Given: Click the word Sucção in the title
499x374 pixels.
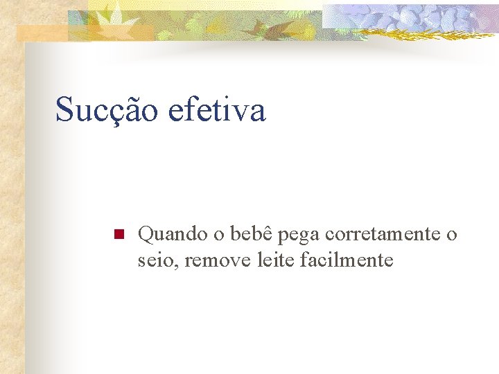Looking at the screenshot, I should pos(107,110).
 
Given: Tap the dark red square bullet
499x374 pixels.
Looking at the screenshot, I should pos(117,235).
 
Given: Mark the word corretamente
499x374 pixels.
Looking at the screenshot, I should pos(383,235).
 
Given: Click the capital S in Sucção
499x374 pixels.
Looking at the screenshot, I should pos(64,109).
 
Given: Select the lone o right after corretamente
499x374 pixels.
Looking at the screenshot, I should pos(452,235).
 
